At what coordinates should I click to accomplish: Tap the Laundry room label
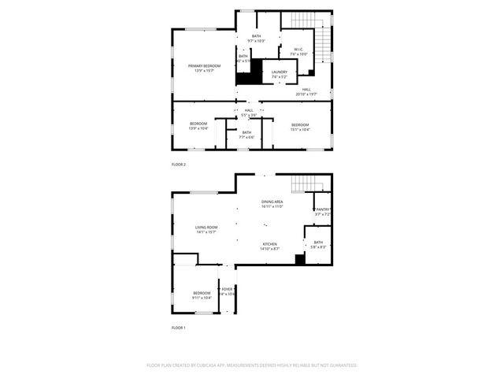[x=280, y=74]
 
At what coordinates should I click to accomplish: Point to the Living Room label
[x=206, y=230]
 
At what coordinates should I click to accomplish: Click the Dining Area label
[x=272, y=204]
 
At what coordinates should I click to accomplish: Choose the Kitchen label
[x=270, y=246]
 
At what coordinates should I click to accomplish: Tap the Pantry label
[x=323, y=212]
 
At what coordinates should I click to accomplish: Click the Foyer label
[x=228, y=291]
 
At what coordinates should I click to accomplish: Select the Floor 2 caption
[x=179, y=165]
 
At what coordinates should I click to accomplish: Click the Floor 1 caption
[x=179, y=328]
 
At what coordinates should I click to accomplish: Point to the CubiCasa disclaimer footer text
[x=252, y=365]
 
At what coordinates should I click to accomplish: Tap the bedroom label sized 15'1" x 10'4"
[x=301, y=127]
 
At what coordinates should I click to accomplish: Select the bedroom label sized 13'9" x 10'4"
[x=198, y=126]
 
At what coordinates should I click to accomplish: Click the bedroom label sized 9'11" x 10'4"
[x=202, y=296]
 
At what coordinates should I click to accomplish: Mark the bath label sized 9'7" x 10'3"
[x=257, y=39]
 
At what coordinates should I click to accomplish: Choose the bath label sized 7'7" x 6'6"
[x=246, y=135]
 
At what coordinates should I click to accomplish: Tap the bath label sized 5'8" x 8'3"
[x=318, y=245]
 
